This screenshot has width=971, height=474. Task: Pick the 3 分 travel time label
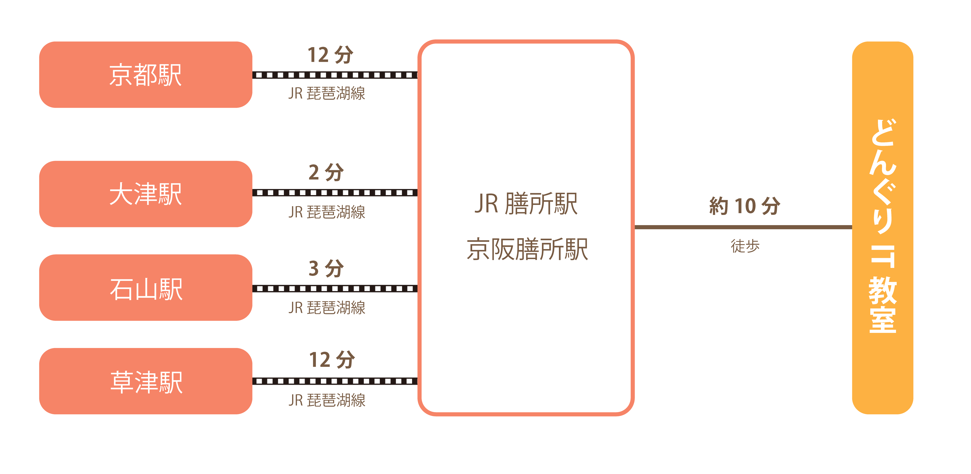(x=326, y=268)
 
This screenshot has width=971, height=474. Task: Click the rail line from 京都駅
(x=335, y=75)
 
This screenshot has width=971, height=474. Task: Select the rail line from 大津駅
(x=335, y=193)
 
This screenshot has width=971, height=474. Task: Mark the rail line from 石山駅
(x=335, y=289)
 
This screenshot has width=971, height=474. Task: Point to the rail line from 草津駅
(x=335, y=381)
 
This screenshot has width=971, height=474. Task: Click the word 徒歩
(x=745, y=246)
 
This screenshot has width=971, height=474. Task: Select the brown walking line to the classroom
(x=743, y=227)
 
